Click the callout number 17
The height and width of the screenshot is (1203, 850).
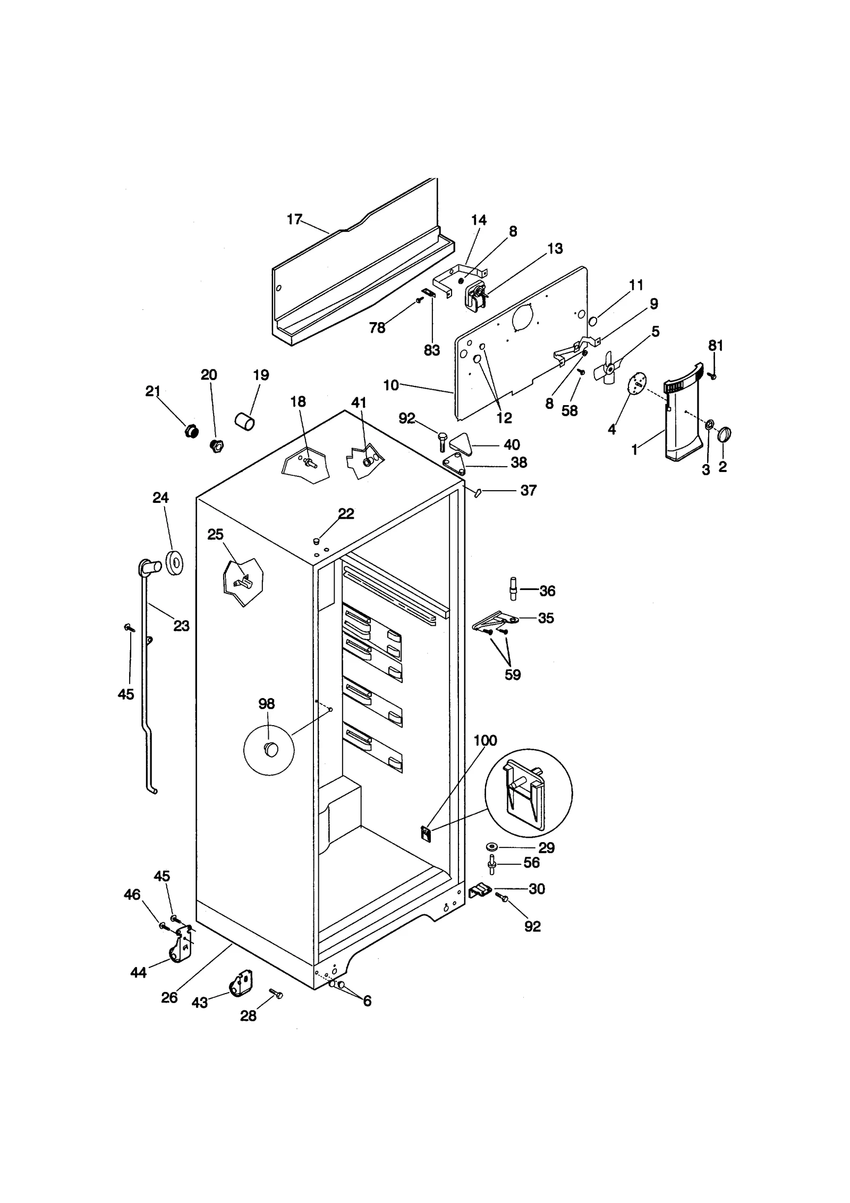tap(294, 219)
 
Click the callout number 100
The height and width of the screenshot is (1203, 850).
tap(485, 741)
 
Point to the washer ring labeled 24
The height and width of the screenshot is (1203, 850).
tap(175, 563)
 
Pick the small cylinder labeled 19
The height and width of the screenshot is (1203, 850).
tap(244, 422)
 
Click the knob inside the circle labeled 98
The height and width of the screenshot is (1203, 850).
tap(271, 750)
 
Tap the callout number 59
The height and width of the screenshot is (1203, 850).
tap(512, 675)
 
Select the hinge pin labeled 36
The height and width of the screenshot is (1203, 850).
tap(513, 588)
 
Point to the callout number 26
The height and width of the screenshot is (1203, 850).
tap(169, 997)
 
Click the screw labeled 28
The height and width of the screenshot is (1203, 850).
tap(276, 994)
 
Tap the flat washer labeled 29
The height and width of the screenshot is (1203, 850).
tap(491, 846)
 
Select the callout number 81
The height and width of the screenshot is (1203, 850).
tap(716, 346)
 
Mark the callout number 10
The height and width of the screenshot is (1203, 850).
tap(390, 385)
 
